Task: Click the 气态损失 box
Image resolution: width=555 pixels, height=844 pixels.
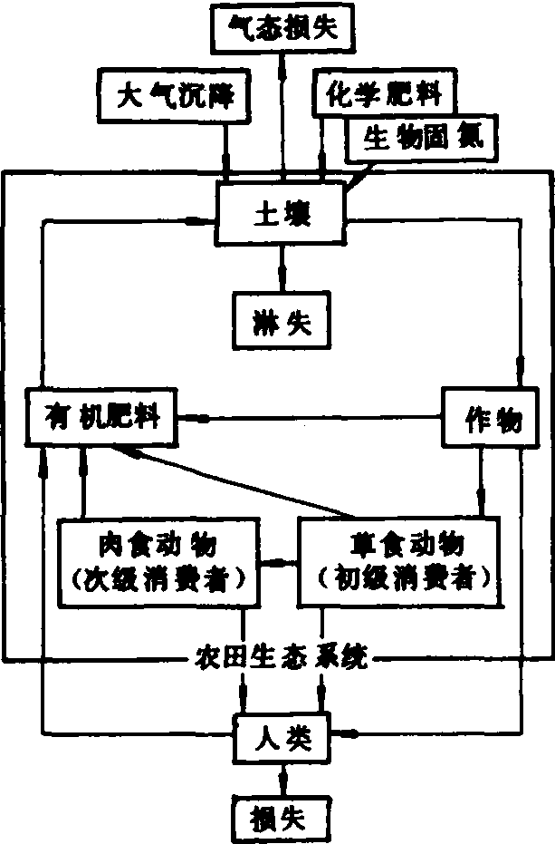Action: (281, 27)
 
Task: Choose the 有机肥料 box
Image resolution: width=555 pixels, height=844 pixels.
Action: (102, 418)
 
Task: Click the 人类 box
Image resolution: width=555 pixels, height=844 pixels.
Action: (283, 738)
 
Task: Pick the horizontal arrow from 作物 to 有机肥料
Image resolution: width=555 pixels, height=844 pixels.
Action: (308, 419)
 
